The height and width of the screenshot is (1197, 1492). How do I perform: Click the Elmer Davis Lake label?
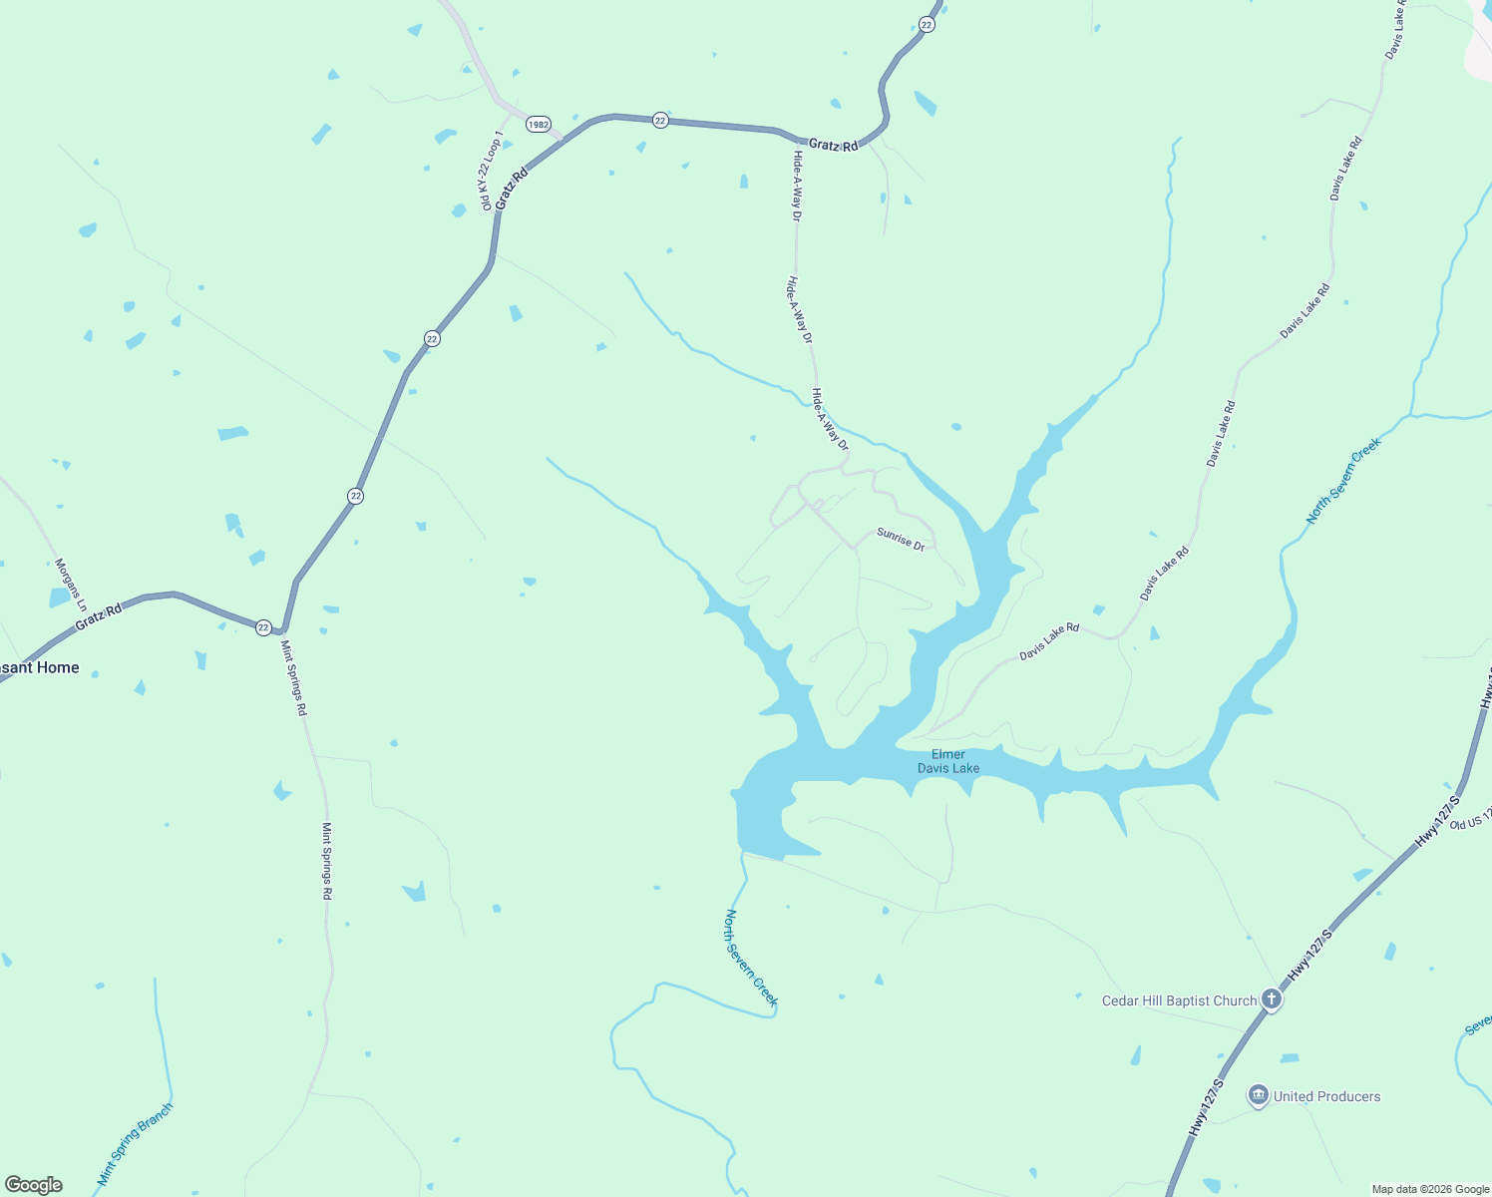[948, 761]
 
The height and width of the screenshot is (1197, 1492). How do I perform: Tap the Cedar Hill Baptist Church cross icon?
[1272, 998]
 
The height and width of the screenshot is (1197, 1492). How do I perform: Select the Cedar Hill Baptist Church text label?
[1179, 1000]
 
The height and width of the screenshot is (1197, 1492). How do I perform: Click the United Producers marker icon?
[1259, 1096]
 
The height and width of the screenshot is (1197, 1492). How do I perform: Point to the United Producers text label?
[1326, 1096]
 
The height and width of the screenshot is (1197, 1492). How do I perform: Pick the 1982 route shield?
[539, 125]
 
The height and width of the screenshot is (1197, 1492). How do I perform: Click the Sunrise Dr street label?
[901, 540]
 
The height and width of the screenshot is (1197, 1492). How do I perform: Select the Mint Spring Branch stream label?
[135, 1143]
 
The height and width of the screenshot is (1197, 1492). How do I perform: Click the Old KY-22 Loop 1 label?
[492, 170]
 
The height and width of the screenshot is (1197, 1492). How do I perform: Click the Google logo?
[33, 1185]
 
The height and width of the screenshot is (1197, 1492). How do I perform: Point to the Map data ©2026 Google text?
[1429, 1189]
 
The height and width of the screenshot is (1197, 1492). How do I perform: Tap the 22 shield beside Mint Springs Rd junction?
[263, 627]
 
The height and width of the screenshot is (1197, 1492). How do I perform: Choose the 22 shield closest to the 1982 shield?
[660, 120]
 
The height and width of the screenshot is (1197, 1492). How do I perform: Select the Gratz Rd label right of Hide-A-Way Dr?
[833, 145]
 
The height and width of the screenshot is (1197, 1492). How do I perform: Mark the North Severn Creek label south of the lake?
[751, 958]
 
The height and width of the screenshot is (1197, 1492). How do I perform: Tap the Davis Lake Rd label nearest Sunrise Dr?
[1048, 641]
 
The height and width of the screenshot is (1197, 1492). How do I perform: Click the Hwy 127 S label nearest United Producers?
[1205, 1106]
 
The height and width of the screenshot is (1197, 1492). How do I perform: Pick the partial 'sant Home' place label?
[39, 667]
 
